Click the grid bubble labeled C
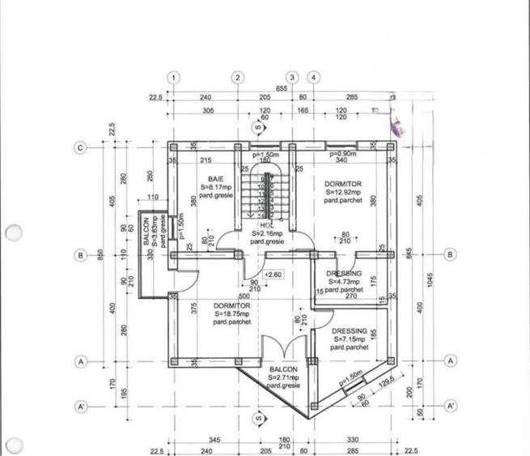[x=80, y=147]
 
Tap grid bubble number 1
[x=173, y=78]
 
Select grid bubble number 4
[x=314, y=78]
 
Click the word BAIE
[x=215, y=177]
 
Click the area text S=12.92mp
[x=343, y=193]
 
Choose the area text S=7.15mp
[x=349, y=339]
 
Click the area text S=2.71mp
[x=283, y=378]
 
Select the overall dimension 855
[x=282, y=87]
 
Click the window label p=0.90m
[x=343, y=153]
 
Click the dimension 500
[x=244, y=296]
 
